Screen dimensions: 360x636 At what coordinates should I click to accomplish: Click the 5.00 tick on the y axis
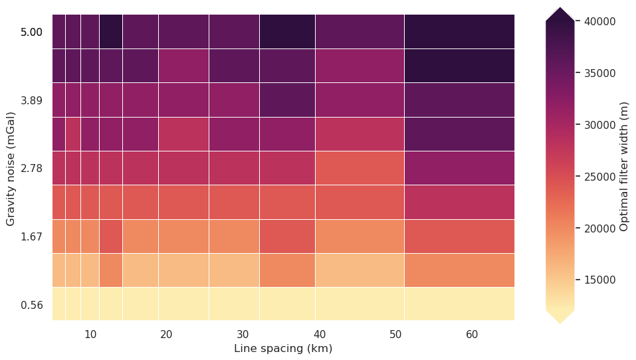[31, 32]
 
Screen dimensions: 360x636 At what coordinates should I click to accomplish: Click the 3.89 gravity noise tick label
[31, 100]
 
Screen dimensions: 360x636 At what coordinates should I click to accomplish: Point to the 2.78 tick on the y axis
[31, 169]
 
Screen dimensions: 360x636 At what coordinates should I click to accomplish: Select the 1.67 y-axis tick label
[31, 237]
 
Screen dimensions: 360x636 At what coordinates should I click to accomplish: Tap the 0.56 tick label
[31, 306]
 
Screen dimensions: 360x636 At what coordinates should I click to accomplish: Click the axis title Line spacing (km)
[283, 349]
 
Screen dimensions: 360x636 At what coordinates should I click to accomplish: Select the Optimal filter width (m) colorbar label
[624, 166]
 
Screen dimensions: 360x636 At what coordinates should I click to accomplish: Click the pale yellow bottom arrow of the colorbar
[560, 316]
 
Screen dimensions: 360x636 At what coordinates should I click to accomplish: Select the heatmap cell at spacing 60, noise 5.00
[459, 32]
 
